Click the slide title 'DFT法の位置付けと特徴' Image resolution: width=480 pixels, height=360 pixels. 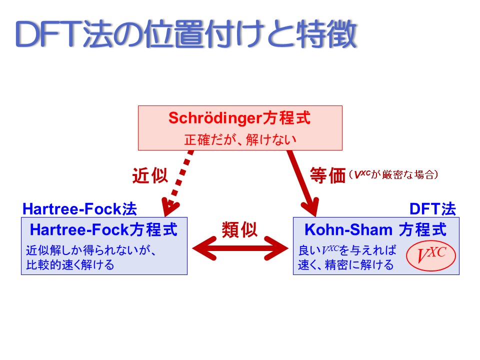pos(186,34)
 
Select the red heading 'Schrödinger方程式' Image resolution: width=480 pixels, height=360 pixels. pos(239,118)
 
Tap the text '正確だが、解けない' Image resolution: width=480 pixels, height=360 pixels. pos(240,139)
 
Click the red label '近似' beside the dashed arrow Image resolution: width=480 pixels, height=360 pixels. pos(150,175)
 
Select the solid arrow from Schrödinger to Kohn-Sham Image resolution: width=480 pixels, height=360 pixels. pos(303,183)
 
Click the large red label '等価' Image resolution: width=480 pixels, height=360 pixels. pos(327,175)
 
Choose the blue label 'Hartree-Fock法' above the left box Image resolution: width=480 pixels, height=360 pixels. pos(80,209)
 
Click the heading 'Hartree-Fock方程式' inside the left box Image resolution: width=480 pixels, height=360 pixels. pos(103,229)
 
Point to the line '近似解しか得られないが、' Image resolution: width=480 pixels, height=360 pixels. pos(91,250)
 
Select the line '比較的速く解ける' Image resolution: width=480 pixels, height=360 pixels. pos(70,265)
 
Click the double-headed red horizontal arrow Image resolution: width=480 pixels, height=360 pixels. pos(240,248)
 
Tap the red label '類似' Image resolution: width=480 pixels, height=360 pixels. pos(239,229)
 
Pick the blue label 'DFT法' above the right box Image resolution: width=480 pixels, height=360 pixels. pos(433,209)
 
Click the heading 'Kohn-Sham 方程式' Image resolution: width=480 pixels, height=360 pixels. pos(375,229)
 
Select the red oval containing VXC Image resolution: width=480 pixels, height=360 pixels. pos(431,255)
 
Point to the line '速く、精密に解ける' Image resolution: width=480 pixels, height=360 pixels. pos(346,265)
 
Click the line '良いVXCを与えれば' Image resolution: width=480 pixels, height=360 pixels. pos(347,250)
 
